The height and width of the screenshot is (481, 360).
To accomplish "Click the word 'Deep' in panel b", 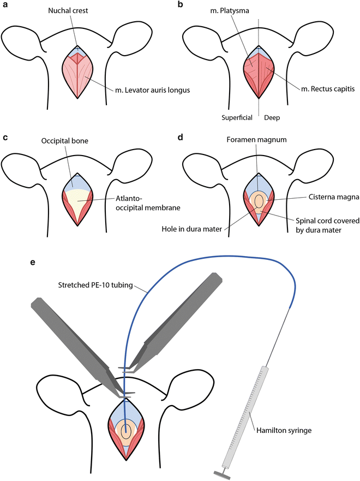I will click(x=274, y=117).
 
